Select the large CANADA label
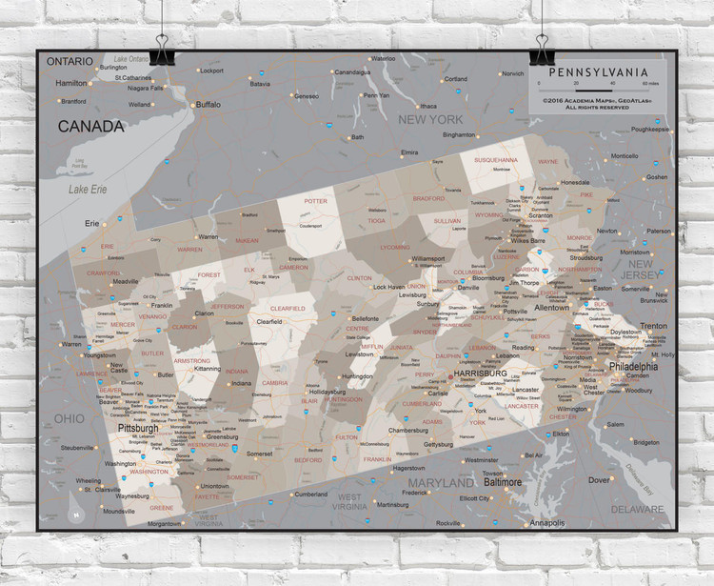(90, 126)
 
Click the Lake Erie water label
(87, 190)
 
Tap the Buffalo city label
(208, 105)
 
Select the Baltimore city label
(502, 482)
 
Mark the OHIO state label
(68, 419)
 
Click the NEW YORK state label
(430, 119)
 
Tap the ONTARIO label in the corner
(70, 61)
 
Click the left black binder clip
(159, 50)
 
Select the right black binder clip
(545, 50)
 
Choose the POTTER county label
(315, 201)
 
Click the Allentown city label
(551, 308)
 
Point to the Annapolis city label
(546, 523)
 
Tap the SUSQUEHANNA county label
(497, 160)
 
